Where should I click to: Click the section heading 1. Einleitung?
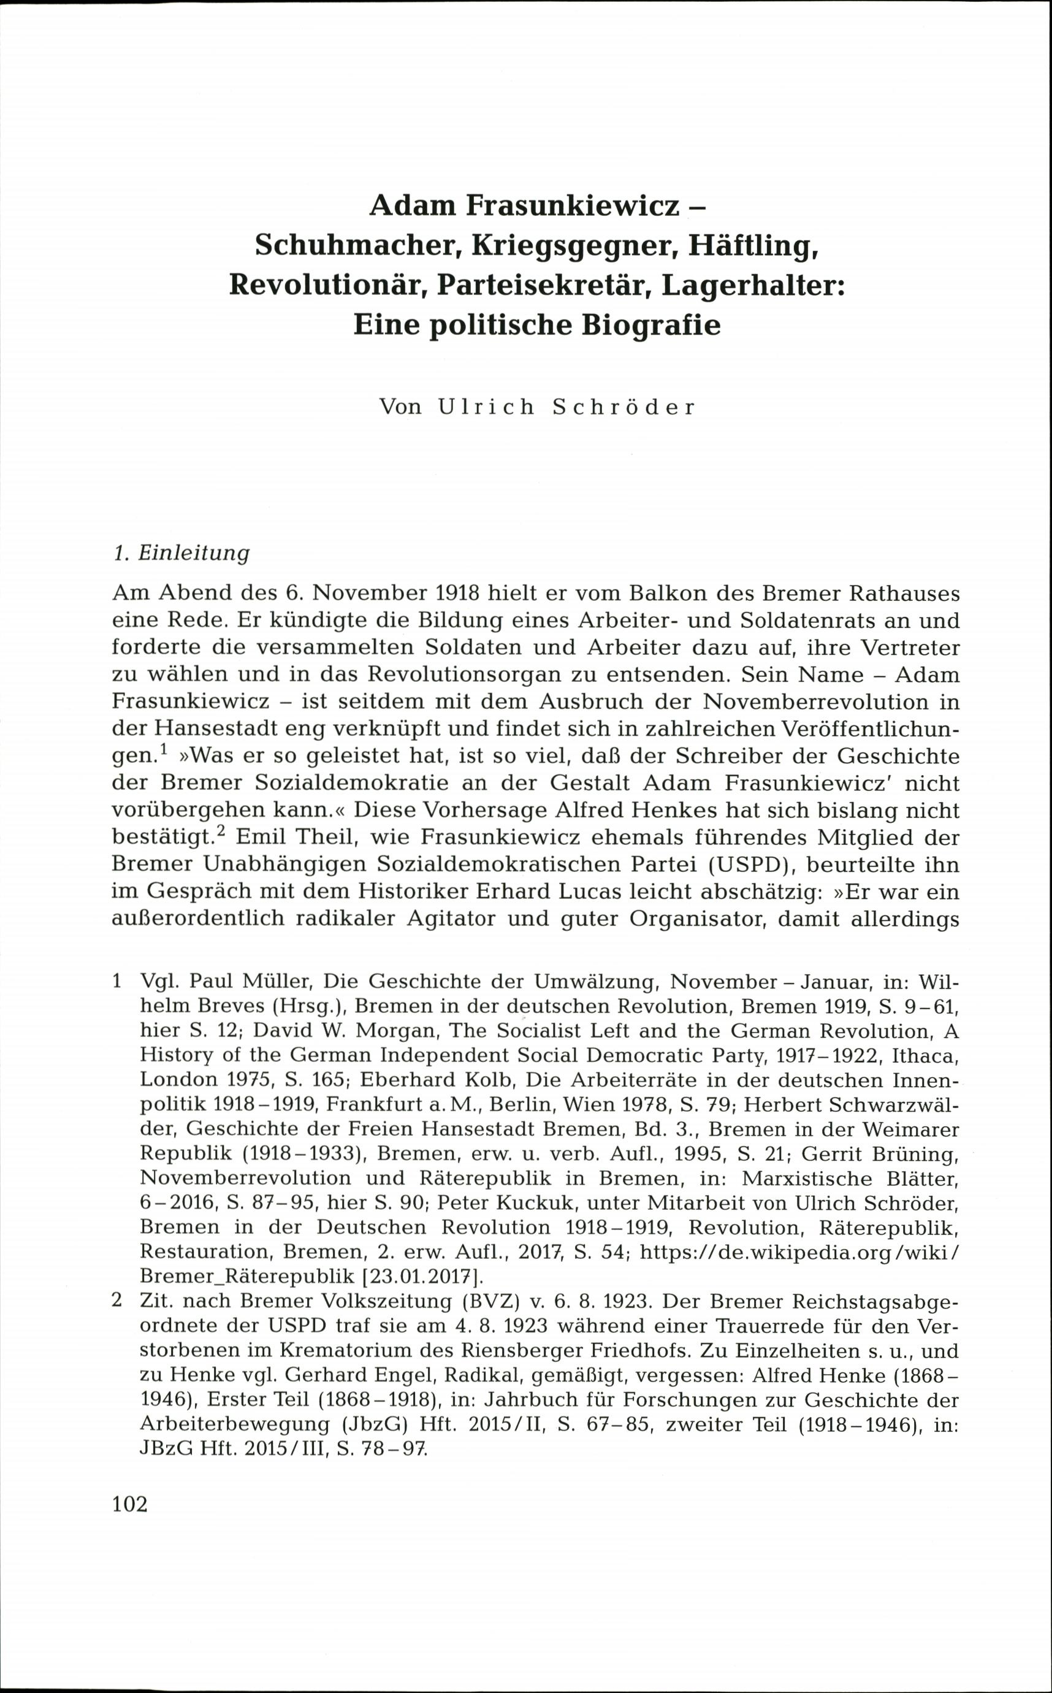click(x=180, y=553)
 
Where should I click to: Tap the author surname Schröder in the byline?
click(x=623, y=407)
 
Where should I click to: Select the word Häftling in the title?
click(x=752, y=245)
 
